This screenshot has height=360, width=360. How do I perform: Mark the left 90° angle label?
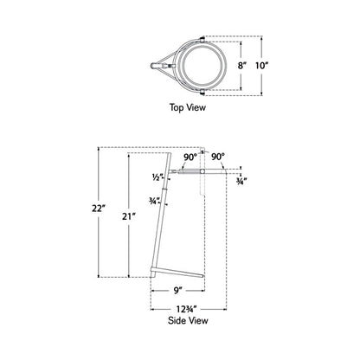click(190, 157)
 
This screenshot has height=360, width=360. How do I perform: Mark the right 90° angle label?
click(217, 157)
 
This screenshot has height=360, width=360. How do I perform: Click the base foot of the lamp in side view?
click(177, 273)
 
